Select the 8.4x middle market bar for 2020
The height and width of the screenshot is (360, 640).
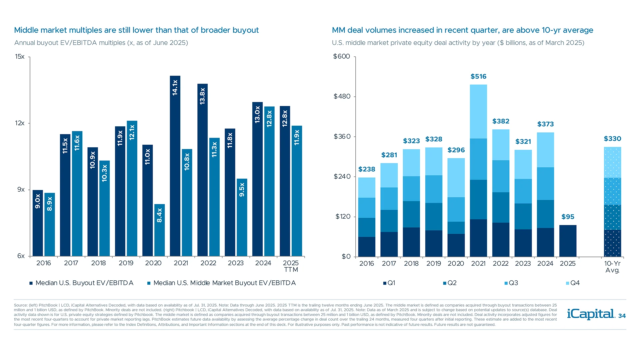pos(159,230)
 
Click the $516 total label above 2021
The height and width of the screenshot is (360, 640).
pos(478,77)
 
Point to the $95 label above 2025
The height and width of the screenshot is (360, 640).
pos(568,217)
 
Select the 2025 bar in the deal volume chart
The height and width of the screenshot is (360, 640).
pos(568,241)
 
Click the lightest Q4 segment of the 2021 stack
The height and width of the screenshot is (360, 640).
pos(478,111)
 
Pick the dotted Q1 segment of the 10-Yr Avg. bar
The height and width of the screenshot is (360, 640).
pos(612,243)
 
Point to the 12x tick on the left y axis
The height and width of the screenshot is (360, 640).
pos(20,123)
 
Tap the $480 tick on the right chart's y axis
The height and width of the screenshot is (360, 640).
pos(342,97)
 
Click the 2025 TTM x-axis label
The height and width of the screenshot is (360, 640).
pos(291,266)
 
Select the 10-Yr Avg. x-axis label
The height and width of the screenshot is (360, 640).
pos(612,267)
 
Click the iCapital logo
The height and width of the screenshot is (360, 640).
pos(591,314)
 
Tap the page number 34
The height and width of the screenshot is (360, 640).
pos(622,316)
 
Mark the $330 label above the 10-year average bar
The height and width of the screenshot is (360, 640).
pos(612,139)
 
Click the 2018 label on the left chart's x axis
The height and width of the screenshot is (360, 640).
pos(98,263)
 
